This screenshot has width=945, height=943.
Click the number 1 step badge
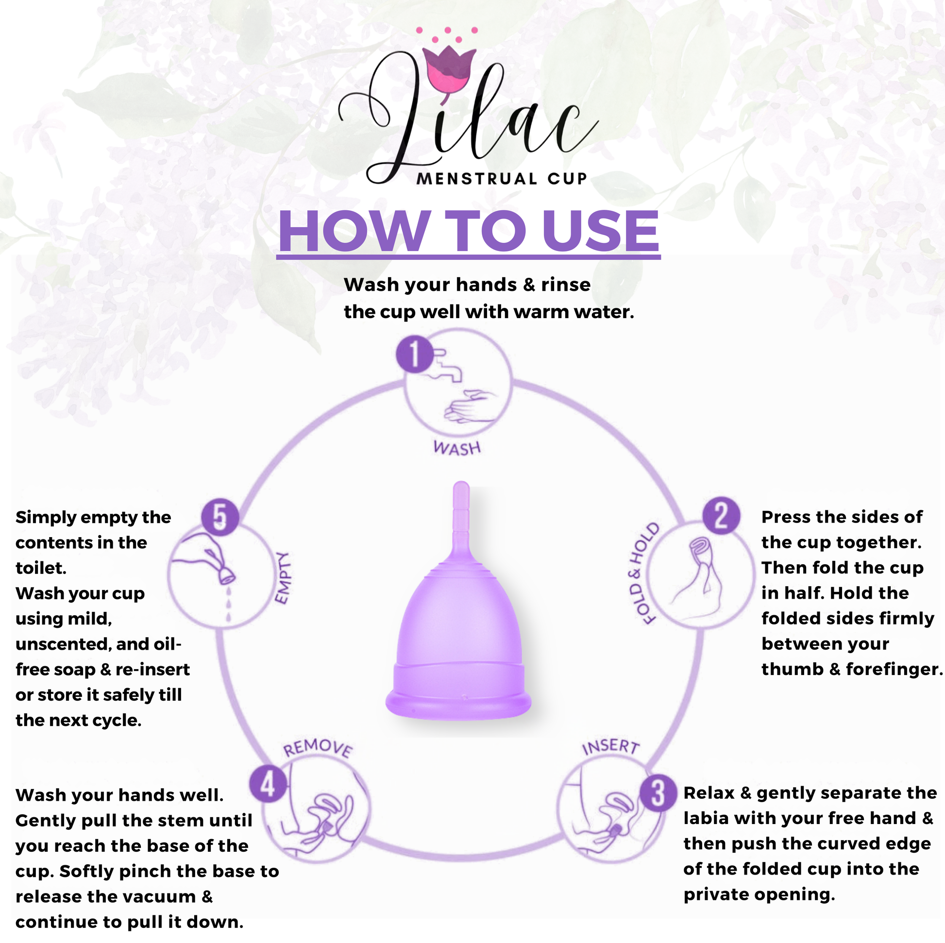[x=415, y=354]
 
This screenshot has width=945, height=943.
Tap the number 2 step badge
[x=722, y=516]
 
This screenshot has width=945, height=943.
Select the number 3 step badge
[x=658, y=793]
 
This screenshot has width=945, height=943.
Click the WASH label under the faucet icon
[x=457, y=448]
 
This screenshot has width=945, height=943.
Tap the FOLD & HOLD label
[x=644, y=573]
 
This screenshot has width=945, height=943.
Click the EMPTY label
[x=282, y=578]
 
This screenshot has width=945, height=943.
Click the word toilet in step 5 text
[x=41, y=568]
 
